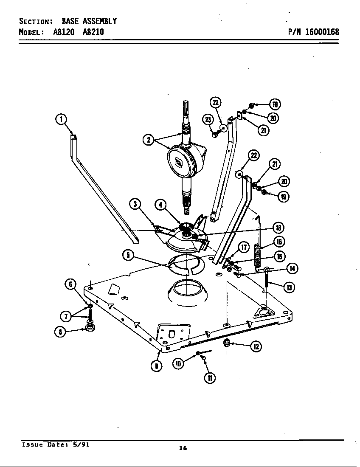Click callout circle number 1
click(62, 119)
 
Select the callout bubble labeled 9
click(157, 366)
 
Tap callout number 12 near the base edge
click(256, 346)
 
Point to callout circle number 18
click(278, 228)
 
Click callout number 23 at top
click(208, 120)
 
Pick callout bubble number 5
click(129, 255)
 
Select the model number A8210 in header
click(93, 32)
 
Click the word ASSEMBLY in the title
click(99, 21)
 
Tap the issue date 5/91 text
click(81, 444)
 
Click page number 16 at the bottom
click(183, 448)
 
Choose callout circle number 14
click(292, 268)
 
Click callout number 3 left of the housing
click(135, 204)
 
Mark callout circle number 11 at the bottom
click(210, 377)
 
